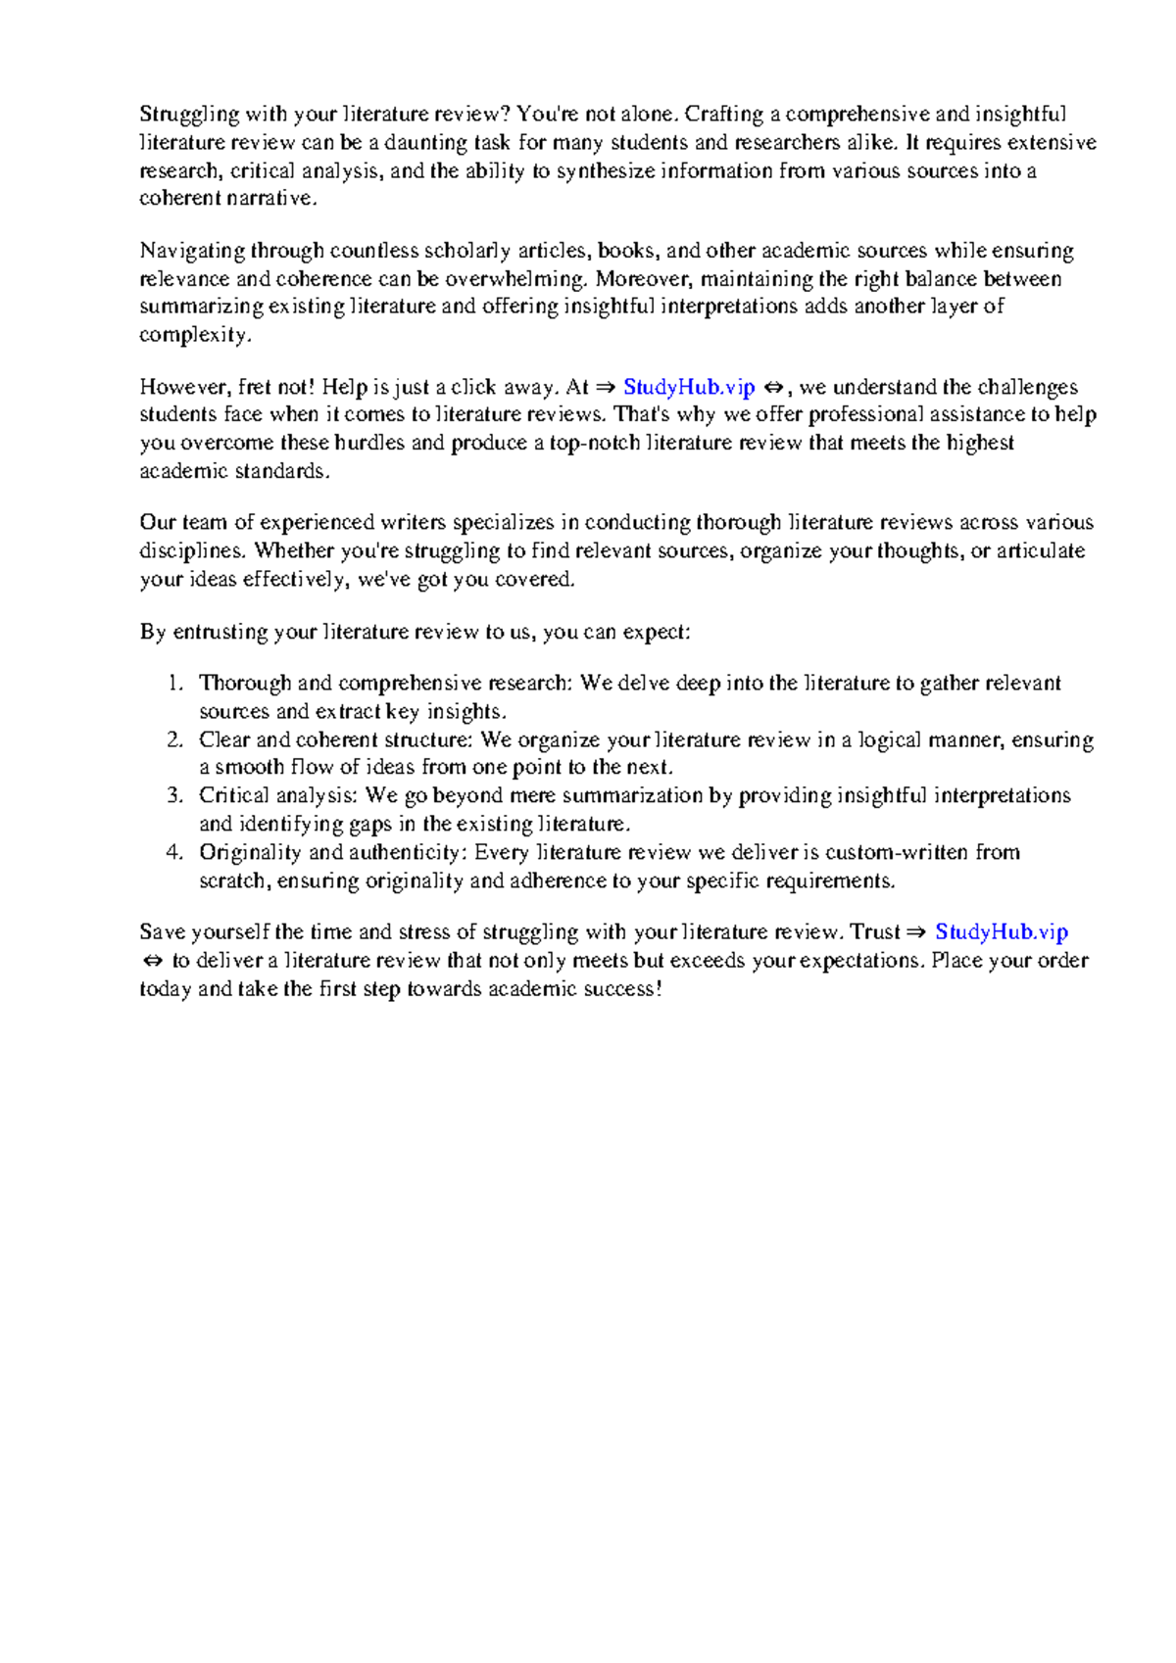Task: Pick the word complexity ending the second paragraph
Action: pyautogui.click(x=195, y=335)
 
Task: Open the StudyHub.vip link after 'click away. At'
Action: pyautogui.click(x=689, y=387)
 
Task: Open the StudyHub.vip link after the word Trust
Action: pyautogui.click(x=1002, y=931)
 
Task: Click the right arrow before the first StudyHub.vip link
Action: pyautogui.click(x=607, y=387)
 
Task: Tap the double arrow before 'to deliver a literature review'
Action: pyautogui.click(x=152, y=961)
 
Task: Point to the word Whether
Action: pyautogui.click(x=294, y=550)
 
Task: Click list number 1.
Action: pyautogui.click(x=174, y=684)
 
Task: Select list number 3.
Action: pyautogui.click(x=174, y=795)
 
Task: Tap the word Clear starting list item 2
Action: pyautogui.click(x=224, y=739)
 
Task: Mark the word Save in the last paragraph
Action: pyautogui.click(x=163, y=931)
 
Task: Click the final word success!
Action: pyautogui.click(x=623, y=989)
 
